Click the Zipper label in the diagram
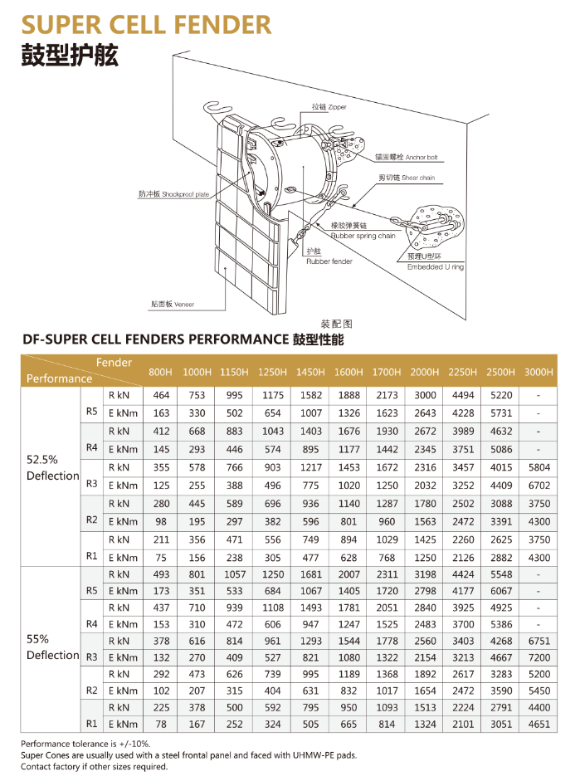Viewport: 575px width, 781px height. (x=329, y=107)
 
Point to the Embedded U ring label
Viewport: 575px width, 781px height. (x=436, y=266)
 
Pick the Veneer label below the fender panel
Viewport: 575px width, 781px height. (x=172, y=305)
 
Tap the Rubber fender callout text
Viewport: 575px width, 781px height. (x=329, y=261)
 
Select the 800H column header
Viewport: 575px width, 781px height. (x=161, y=372)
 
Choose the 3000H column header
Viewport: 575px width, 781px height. (x=538, y=372)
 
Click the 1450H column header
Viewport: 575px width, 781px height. (x=310, y=372)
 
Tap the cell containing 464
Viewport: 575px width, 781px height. (x=161, y=395)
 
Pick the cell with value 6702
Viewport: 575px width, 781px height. (x=538, y=485)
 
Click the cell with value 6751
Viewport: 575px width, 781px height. (x=538, y=640)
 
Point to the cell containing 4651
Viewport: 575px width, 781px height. (x=538, y=724)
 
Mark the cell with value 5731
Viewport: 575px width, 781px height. (x=500, y=412)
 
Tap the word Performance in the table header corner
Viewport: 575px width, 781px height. (x=59, y=378)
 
